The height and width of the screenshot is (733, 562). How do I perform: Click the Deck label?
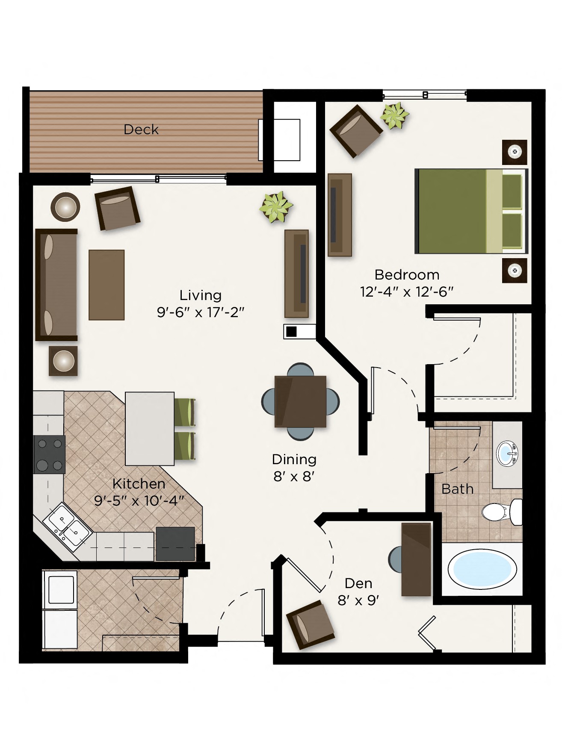[x=141, y=130]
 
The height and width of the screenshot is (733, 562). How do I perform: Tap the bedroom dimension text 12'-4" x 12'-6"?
[x=406, y=292]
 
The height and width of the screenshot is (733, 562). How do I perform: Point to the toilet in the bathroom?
[x=500, y=512]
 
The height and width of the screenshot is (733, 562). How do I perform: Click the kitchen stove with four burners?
[x=50, y=454]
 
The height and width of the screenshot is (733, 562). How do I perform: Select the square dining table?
[x=300, y=401]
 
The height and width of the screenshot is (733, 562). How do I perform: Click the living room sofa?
[x=56, y=285]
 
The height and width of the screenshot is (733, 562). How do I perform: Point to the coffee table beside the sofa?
[x=106, y=285]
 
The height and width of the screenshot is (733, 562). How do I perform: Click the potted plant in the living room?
[x=276, y=206]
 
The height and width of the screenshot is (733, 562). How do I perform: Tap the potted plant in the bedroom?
[x=394, y=115]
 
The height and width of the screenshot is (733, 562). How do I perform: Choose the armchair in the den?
[x=310, y=624]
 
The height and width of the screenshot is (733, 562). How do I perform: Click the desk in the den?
[x=416, y=559]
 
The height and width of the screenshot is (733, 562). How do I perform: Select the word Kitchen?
[x=139, y=484]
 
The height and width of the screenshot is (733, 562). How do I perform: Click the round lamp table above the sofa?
[x=65, y=207]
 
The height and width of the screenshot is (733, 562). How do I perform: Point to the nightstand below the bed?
[x=515, y=270]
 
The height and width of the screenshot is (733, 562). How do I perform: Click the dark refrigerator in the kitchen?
[x=175, y=543]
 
